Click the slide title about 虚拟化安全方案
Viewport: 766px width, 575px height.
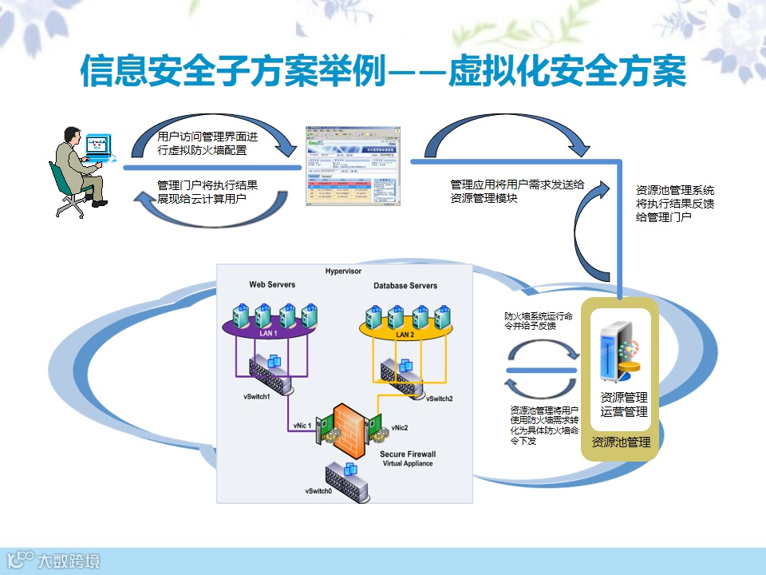383,73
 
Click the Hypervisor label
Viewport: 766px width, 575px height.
344,271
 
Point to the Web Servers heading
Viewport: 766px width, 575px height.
272,284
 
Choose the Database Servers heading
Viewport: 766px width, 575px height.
405,286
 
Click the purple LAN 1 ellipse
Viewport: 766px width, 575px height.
269,332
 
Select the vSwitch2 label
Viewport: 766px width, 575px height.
439,399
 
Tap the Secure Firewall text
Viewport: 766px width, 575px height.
408,454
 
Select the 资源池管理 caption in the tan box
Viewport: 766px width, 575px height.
621,442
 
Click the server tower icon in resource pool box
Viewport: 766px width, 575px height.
614,351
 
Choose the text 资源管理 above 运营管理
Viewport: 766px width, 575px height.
624,398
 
